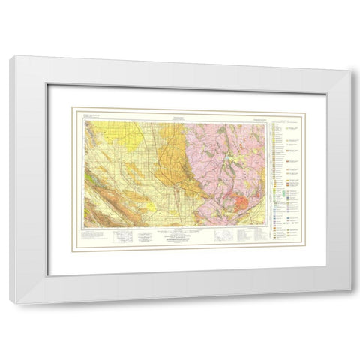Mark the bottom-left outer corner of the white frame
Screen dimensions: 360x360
coord(10,304)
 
